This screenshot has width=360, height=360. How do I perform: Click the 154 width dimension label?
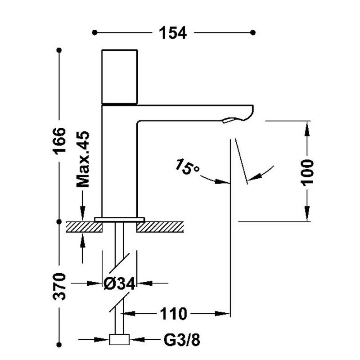coord(173,33)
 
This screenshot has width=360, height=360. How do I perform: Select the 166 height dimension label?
coord(59,140)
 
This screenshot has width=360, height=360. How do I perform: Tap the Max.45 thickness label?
coord(83,159)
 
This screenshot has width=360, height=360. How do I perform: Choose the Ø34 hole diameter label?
coord(119,283)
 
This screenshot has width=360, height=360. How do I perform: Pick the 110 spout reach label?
coord(173,314)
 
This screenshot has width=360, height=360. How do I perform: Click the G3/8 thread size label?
coord(182,340)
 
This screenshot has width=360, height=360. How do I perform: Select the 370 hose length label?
coord(59,286)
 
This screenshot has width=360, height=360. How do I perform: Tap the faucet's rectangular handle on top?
coord(120,76)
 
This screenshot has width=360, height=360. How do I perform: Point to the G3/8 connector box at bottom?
coord(119,340)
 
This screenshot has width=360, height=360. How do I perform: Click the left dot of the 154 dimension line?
coord(94,32)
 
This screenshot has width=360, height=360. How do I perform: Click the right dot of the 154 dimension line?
coord(253,32)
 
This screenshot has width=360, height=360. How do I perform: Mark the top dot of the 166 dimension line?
coord(59,50)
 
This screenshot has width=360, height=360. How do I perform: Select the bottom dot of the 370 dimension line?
coord(59,345)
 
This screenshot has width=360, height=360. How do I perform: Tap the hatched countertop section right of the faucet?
coord(160,227)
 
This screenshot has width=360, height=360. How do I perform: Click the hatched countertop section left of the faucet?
coord(84,227)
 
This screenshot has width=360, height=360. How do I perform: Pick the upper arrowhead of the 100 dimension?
coord(307,129)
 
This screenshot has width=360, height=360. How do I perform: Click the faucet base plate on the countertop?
coord(120,220)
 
